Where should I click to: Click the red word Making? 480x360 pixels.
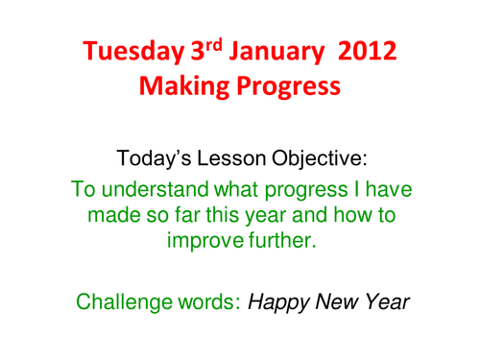coord(183,88)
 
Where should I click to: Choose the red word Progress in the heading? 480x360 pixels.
coord(288,89)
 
